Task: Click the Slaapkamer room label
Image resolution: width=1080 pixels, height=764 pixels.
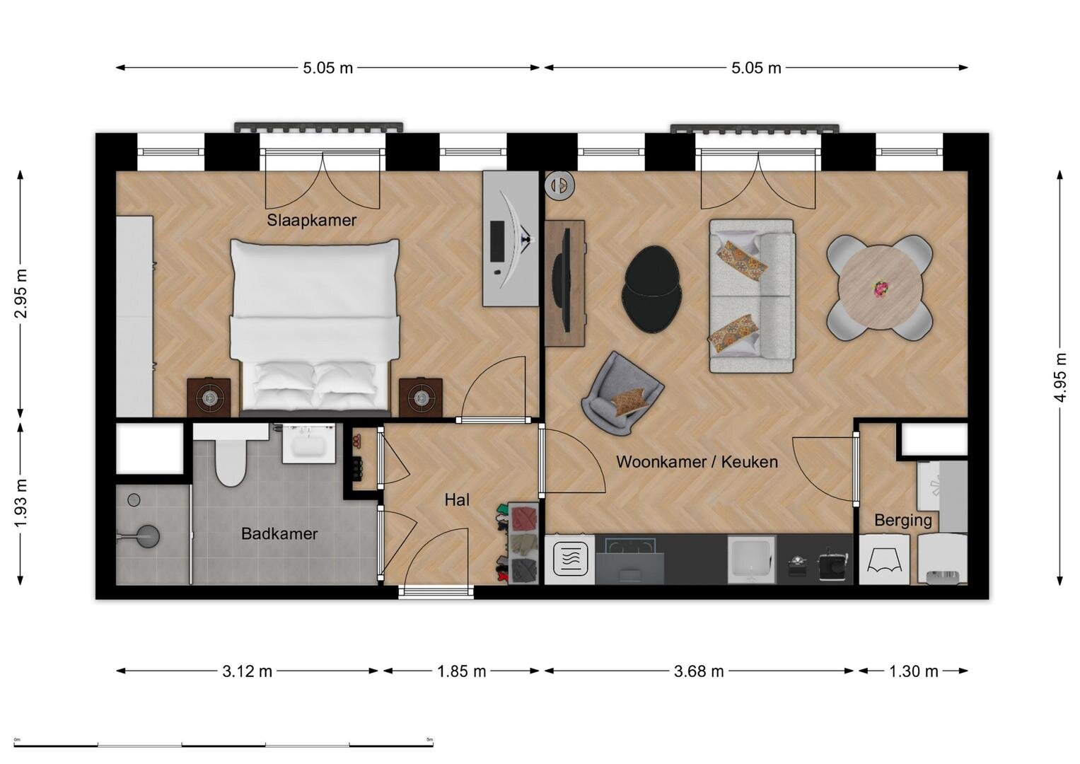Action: [311, 221]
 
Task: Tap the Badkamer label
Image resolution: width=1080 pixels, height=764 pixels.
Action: [279, 533]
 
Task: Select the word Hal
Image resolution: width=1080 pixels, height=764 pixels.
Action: [457, 499]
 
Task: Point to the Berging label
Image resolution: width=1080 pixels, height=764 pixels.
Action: [902, 521]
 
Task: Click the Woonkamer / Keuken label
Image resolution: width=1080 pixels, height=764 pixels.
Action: [697, 461]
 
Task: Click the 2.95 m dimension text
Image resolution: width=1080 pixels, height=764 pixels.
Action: [21, 294]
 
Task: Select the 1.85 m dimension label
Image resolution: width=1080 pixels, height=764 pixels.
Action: [461, 671]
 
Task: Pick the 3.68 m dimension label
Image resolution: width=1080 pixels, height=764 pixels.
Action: [699, 671]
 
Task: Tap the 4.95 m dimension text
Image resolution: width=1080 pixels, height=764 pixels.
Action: [1060, 378]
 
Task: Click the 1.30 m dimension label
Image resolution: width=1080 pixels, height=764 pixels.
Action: [914, 671]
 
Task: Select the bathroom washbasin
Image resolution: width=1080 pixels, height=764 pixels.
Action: [308, 444]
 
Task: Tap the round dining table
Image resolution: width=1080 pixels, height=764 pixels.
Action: [881, 287]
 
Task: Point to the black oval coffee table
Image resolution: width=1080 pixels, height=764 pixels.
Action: [653, 289]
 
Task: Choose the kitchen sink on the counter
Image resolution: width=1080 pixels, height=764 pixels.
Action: [751, 560]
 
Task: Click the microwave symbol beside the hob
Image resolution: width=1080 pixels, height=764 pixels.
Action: [570, 559]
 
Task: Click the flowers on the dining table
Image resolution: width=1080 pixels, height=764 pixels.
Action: [881, 289]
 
